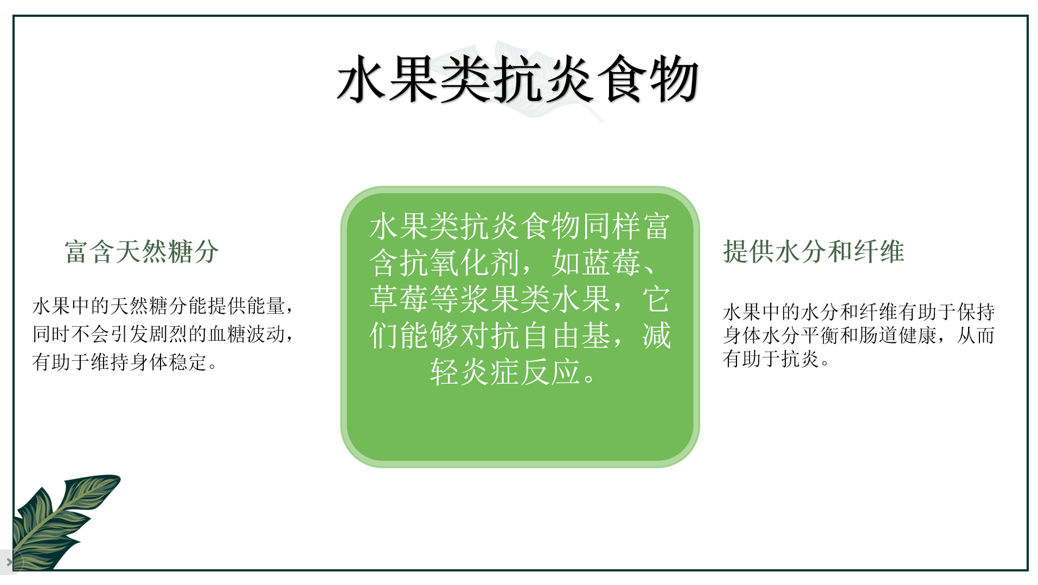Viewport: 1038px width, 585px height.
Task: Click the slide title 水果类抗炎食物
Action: coord(518,80)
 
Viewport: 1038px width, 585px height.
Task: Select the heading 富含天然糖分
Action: coord(142,252)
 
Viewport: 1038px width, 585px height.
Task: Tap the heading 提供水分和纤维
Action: coord(813,252)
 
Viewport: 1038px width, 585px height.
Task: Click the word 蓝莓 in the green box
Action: coord(597,263)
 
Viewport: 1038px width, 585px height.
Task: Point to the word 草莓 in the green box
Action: coord(400,299)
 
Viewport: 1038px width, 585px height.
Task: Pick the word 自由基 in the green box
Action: coord(566,335)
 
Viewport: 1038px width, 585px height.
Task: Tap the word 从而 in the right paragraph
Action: coord(976,335)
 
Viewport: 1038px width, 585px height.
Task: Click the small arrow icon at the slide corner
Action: coord(9,562)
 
